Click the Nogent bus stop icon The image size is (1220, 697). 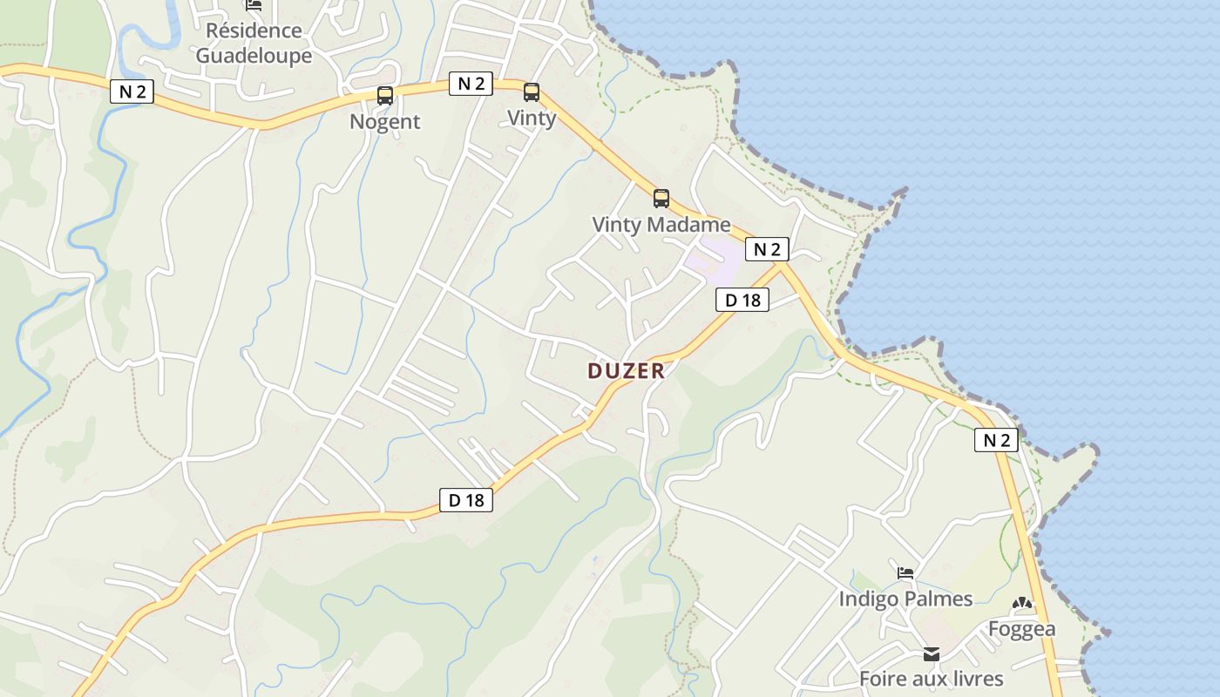[x=385, y=95]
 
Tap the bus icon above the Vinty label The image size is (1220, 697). [x=532, y=91]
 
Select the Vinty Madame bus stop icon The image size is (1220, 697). [x=661, y=198]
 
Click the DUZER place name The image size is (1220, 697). [x=626, y=371]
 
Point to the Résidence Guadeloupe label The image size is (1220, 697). [x=254, y=43]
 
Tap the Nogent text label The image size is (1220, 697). [x=385, y=122]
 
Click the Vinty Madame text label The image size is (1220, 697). [x=661, y=224]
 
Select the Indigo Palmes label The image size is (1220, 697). [x=905, y=599]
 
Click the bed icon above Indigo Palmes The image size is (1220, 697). [x=906, y=573]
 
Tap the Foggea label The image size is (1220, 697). [x=1021, y=628]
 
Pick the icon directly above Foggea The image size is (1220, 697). [x=1022, y=603]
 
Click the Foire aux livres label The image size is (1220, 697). [x=932, y=679]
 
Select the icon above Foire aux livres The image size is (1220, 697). [x=932, y=653]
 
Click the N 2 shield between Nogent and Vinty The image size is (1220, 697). [x=471, y=84]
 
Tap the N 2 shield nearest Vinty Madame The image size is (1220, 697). [x=767, y=250]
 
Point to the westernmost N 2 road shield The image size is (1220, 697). [x=132, y=91]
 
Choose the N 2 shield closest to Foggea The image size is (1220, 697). [x=996, y=440]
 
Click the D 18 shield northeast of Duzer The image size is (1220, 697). [x=742, y=301]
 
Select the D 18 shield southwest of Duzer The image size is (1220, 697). [x=466, y=500]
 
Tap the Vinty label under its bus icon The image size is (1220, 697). [x=532, y=118]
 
